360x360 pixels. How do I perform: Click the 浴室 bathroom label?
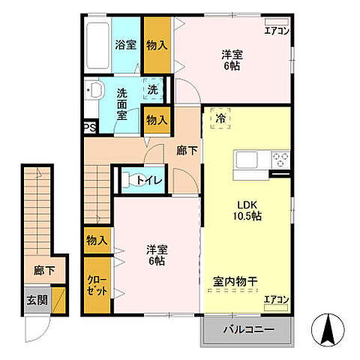pyautogui.click(x=124, y=45)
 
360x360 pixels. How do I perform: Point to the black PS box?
pyautogui.click(x=89, y=127)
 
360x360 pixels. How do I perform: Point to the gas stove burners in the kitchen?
pyautogui.click(x=280, y=159)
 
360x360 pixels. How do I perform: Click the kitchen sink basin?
pyautogui.click(x=247, y=159)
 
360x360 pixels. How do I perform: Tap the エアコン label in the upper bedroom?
pyautogui.click(x=277, y=31)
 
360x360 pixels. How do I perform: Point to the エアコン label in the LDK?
pyautogui.click(x=276, y=300)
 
